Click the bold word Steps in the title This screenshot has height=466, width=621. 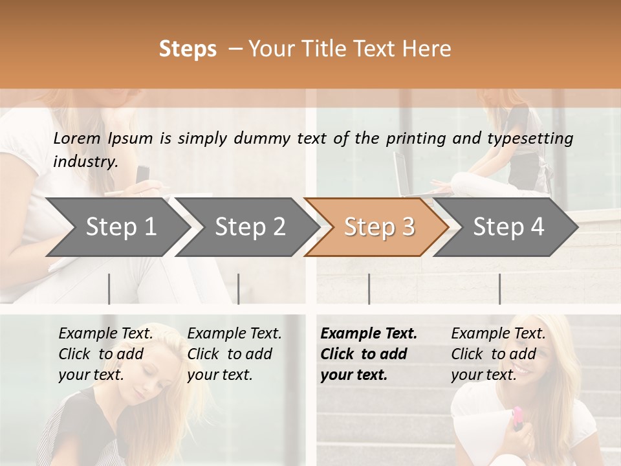tap(188, 49)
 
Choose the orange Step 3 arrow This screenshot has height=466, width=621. tap(379, 227)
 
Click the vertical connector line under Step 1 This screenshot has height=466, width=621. tap(109, 289)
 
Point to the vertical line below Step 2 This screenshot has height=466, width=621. tap(238, 289)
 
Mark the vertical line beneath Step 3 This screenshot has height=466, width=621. tap(369, 289)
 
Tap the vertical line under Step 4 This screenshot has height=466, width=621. tap(499, 289)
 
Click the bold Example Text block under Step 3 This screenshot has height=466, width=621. tap(368, 354)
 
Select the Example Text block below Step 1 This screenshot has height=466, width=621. tap(105, 354)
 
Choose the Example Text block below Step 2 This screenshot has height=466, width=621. tap(234, 354)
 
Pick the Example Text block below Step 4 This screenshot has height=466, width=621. tap(498, 354)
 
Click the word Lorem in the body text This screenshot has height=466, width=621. tap(77, 138)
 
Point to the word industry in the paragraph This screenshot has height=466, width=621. tap(85, 162)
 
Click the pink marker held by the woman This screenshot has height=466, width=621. tap(517, 417)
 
